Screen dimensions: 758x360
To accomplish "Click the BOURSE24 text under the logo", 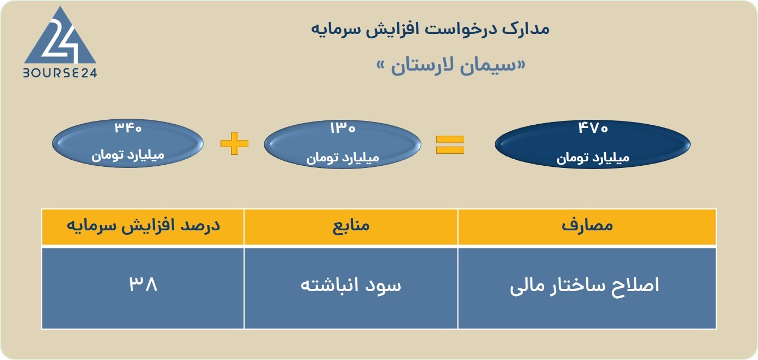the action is coord(60,73).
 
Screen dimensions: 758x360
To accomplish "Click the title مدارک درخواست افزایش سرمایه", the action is coord(430,29).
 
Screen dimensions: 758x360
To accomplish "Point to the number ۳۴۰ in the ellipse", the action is coord(128,128).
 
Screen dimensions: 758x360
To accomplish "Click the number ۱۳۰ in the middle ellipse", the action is coord(343,128).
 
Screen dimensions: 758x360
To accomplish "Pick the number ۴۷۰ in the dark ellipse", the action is coord(593,128).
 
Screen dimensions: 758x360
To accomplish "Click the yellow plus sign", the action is coord(234,143).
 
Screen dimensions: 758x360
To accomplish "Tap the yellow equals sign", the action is coord(450,144).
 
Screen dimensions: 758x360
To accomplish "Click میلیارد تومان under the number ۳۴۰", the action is coord(128,155).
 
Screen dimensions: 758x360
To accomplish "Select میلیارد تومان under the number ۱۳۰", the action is coord(343,158).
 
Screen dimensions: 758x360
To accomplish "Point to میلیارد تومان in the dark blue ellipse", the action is coord(593,158).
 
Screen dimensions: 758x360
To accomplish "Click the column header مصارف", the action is coord(587,225).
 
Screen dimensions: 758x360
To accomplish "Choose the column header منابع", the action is coord(351,225).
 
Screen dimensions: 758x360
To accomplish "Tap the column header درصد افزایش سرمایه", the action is coord(143,225).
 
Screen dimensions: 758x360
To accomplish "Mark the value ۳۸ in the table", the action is coord(143,284).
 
